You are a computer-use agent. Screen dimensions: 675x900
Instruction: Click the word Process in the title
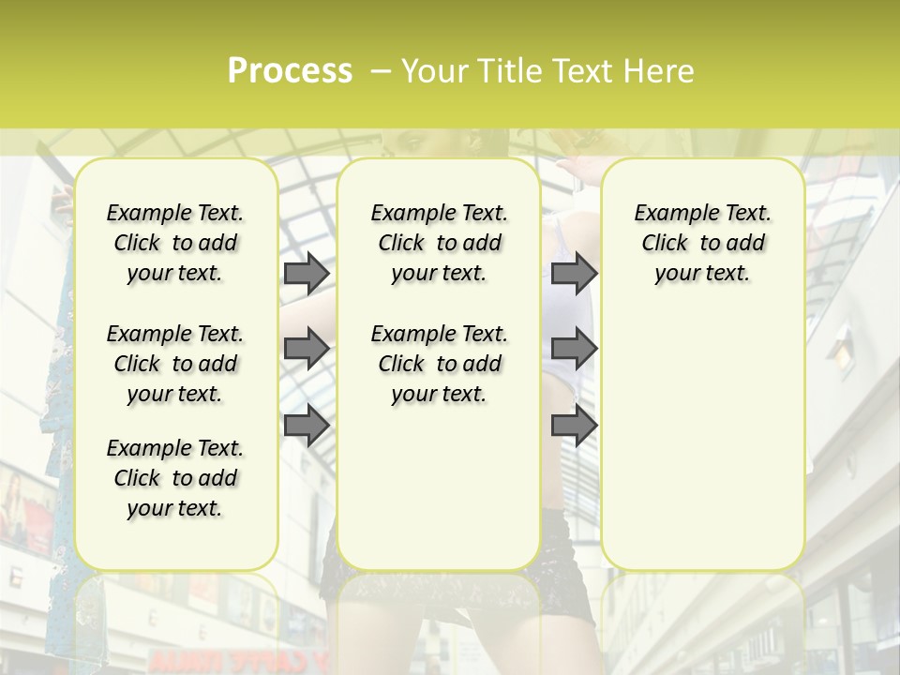point(290,70)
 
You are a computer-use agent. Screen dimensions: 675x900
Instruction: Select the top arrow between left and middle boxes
point(307,273)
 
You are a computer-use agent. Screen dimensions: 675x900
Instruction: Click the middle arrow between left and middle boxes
point(307,349)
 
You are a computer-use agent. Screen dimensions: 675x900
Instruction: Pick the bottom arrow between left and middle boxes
point(307,425)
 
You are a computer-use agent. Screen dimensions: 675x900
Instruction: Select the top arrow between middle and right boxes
point(574,273)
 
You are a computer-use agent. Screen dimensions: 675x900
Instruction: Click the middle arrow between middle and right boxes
point(574,349)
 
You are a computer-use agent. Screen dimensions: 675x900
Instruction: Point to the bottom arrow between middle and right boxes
point(574,425)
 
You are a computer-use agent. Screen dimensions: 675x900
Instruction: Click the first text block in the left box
point(175,243)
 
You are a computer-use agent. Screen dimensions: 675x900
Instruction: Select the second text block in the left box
point(175,364)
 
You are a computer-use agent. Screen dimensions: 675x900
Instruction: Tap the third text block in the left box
point(175,478)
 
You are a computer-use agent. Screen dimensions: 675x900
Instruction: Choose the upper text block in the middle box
point(439,243)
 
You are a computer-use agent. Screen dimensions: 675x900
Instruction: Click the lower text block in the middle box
point(439,364)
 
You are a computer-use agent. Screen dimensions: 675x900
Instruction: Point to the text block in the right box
point(702,243)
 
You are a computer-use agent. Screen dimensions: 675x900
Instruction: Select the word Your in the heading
point(435,70)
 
